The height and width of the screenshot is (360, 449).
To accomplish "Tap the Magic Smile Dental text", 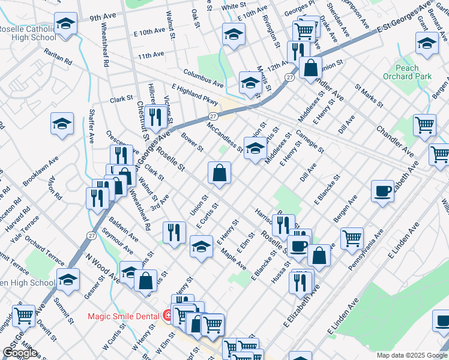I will pyautogui.click(x=124, y=316).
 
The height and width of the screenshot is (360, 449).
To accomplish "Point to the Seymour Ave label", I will pyautogui.click(x=117, y=239).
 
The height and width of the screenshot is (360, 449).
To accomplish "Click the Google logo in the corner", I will pyautogui.click(x=20, y=353).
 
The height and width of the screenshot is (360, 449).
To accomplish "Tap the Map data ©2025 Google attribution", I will pyautogui.click(x=411, y=355).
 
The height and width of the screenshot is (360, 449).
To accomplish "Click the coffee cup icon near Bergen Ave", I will pyautogui.click(x=382, y=191).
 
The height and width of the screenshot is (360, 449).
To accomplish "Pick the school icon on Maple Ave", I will pyautogui.click(x=201, y=246).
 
